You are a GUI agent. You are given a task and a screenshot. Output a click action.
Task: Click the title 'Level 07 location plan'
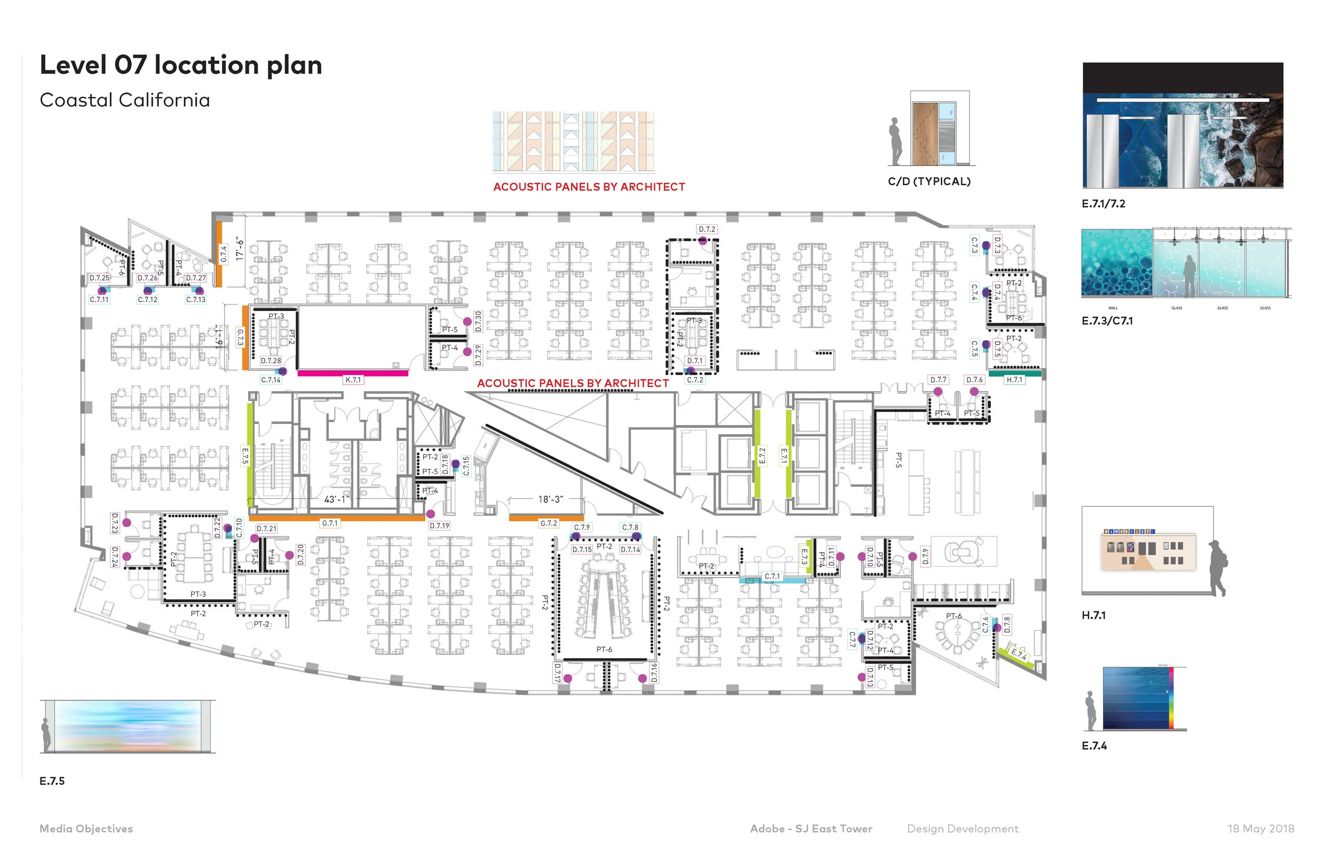180,65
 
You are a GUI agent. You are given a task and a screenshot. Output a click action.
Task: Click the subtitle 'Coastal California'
124,100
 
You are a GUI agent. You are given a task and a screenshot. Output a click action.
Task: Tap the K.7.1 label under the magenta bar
354,380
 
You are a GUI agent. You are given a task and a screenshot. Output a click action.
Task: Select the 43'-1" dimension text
336,499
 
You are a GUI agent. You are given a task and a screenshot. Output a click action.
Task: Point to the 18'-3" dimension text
551,499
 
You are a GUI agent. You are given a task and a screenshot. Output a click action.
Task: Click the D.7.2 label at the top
707,229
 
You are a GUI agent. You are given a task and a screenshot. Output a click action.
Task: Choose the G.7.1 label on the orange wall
330,523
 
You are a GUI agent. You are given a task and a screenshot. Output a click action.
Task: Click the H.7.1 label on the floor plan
1014,380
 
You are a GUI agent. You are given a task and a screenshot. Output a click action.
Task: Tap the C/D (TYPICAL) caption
929,181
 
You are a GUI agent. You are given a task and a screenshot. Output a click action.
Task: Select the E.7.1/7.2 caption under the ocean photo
1103,204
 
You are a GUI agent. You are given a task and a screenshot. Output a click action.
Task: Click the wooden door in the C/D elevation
924,134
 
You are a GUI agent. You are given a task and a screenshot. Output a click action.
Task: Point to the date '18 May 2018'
1260,829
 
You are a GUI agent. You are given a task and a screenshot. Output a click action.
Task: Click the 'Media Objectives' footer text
86,829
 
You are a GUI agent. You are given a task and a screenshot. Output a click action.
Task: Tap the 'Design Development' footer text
963,829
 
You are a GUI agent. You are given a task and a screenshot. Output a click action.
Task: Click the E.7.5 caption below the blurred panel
52,781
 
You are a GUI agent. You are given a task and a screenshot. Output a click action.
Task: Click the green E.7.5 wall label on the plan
245,456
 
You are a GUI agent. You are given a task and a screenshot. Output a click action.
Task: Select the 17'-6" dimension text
240,248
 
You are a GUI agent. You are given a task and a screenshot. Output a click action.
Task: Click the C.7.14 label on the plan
271,380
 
